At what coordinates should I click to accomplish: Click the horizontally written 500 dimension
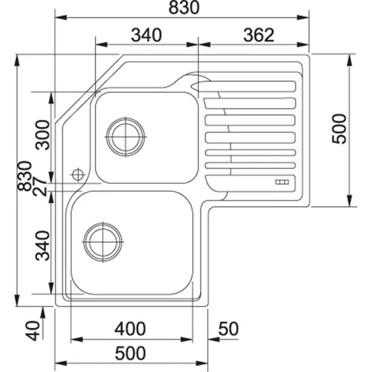(x=130, y=352)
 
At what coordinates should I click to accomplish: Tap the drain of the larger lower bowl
(x=103, y=239)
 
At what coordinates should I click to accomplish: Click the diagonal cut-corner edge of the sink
(x=88, y=91)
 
